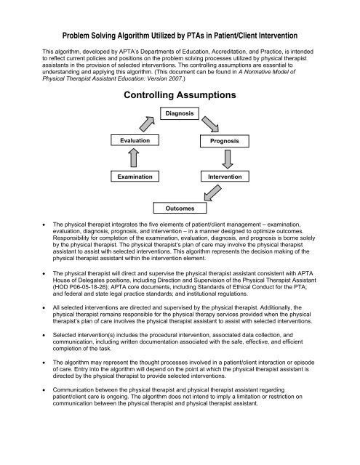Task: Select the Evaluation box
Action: (135, 139)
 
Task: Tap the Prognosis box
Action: (225, 139)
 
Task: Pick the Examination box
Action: (135, 177)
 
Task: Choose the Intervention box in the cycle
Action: (225, 177)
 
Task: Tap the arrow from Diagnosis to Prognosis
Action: (212, 121)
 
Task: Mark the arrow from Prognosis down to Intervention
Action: (225, 158)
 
